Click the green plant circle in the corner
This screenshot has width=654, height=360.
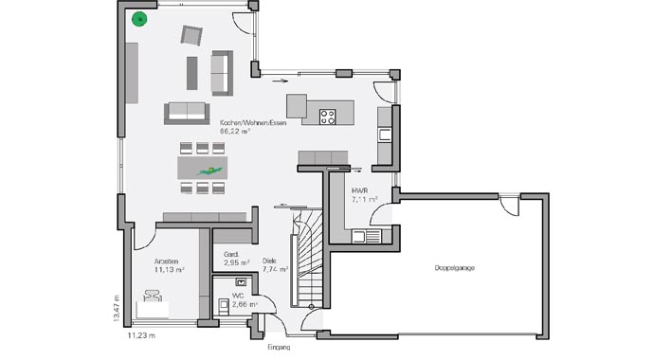140,19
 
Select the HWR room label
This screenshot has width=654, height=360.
359,190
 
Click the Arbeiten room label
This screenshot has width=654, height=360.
167,260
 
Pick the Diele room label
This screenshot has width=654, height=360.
270,259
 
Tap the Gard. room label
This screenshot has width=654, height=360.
230,254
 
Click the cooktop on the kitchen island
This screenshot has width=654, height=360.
329,117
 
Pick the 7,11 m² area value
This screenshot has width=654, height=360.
365,200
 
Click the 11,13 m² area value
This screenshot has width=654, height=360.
169,269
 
